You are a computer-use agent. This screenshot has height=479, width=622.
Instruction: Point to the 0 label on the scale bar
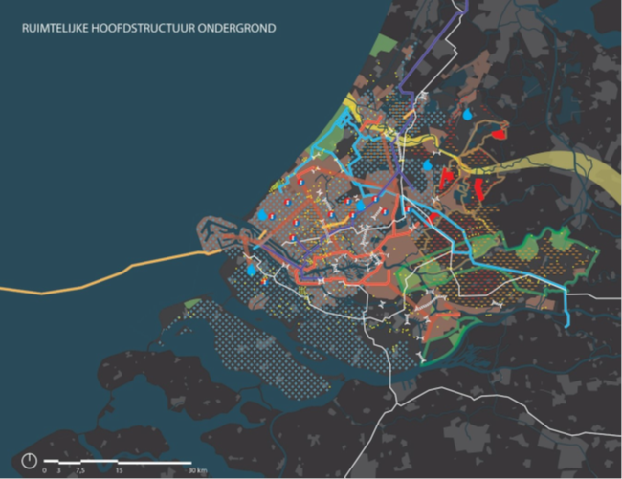coord(44,469)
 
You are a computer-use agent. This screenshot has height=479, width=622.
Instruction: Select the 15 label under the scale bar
coord(119,469)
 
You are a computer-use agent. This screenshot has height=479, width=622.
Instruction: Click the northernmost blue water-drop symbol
coord(467,114)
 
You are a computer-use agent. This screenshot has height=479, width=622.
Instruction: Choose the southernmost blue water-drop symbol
coord(251,271)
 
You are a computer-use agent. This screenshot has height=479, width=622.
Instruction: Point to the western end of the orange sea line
coord(3,287)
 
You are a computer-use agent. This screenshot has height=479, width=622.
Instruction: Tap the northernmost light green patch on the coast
coord(387,43)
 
